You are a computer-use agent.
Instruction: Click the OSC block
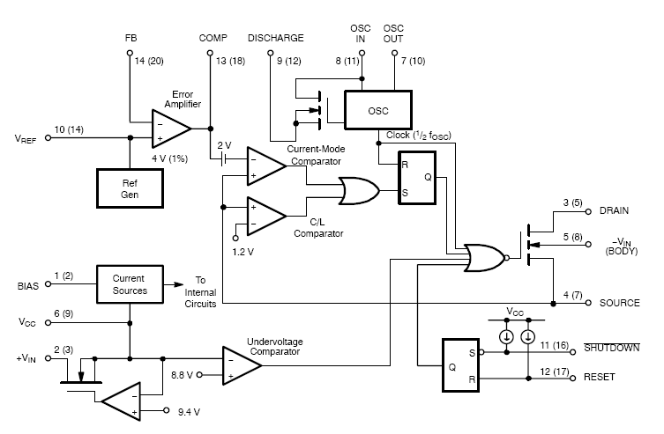[x=378, y=111]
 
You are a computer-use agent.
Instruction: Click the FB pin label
[x=131, y=39]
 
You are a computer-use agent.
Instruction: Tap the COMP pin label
[x=213, y=39]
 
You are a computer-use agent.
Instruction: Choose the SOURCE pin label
[x=620, y=303]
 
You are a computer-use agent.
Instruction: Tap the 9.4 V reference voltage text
[x=189, y=411]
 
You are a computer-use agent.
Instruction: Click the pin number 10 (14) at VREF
[x=69, y=129]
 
